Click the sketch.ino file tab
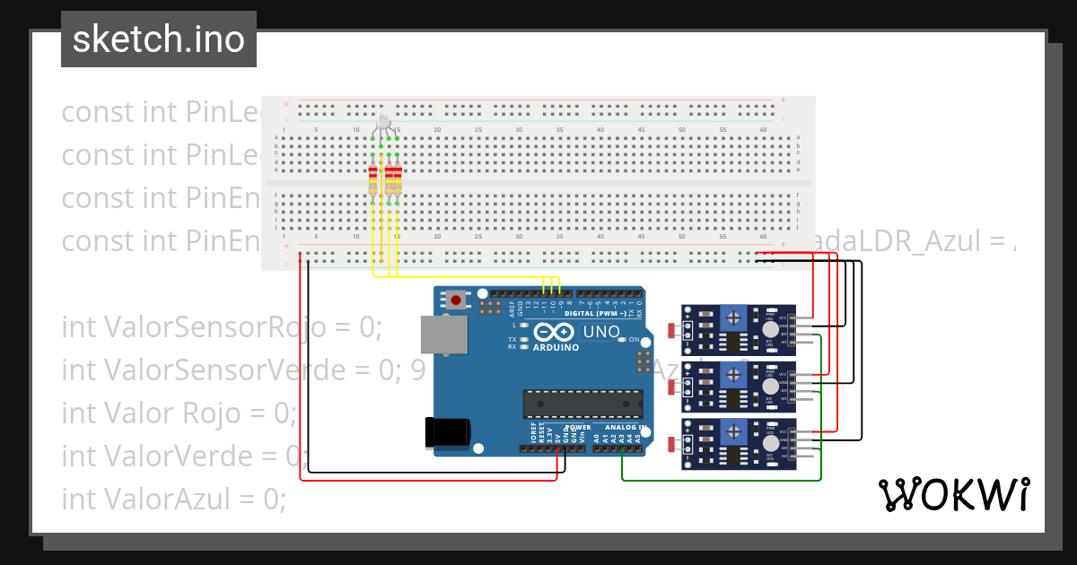[x=159, y=39]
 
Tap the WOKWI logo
[x=953, y=494]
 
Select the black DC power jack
[x=446, y=432]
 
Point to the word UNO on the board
[x=601, y=332]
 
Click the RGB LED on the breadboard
[x=383, y=123]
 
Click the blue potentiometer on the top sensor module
[x=735, y=317]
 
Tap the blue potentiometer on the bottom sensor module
[x=735, y=433]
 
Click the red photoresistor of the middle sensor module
[x=673, y=387]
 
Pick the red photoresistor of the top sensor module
[x=673, y=330]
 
